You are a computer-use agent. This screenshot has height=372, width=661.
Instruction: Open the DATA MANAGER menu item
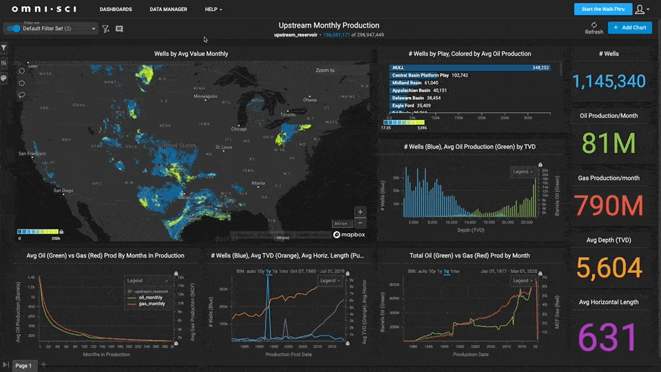168,10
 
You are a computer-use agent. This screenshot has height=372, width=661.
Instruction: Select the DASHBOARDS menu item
116,10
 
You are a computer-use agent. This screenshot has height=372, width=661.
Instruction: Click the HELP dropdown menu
213,10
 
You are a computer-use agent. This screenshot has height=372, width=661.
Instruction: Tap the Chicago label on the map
239,129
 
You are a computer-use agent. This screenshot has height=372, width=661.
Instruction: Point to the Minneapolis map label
209,96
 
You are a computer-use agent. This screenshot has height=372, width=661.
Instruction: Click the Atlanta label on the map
258,183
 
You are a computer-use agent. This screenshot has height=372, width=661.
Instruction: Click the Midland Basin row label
406,83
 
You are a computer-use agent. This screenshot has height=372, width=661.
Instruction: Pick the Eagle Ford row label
403,105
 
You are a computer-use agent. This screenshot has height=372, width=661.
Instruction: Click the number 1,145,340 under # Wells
609,81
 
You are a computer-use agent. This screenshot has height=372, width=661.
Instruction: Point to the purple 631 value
609,338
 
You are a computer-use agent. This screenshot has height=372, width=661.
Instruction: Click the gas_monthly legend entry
153,303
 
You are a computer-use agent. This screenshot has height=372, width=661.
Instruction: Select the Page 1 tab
23,365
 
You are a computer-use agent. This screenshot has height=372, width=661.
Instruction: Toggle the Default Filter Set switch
13,29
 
